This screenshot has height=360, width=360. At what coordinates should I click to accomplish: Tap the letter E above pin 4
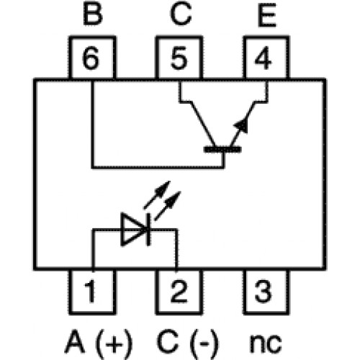click(267, 15)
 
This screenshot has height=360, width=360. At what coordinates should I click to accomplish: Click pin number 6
click(91, 58)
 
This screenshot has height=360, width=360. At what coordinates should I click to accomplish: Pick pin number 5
click(179, 58)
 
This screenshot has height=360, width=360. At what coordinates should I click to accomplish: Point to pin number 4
click(263, 58)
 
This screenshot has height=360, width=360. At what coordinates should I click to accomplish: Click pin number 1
click(90, 291)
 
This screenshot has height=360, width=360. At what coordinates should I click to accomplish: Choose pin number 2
click(179, 291)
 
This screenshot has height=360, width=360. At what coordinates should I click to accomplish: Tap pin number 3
click(264, 291)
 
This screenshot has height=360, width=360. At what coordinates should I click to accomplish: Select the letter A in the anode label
click(75, 341)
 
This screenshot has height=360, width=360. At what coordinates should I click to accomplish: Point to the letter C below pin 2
click(168, 341)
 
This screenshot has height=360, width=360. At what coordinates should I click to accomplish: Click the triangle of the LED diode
click(133, 230)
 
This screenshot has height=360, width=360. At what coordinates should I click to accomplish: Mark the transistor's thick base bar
click(222, 150)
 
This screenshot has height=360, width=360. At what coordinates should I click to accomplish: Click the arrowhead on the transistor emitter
click(241, 125)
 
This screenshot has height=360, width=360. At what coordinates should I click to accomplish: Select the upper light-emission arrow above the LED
click(157, 194)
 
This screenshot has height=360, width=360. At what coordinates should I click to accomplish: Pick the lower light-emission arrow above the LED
click(168, 206)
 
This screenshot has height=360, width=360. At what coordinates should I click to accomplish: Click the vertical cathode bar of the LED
click(149, 230)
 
